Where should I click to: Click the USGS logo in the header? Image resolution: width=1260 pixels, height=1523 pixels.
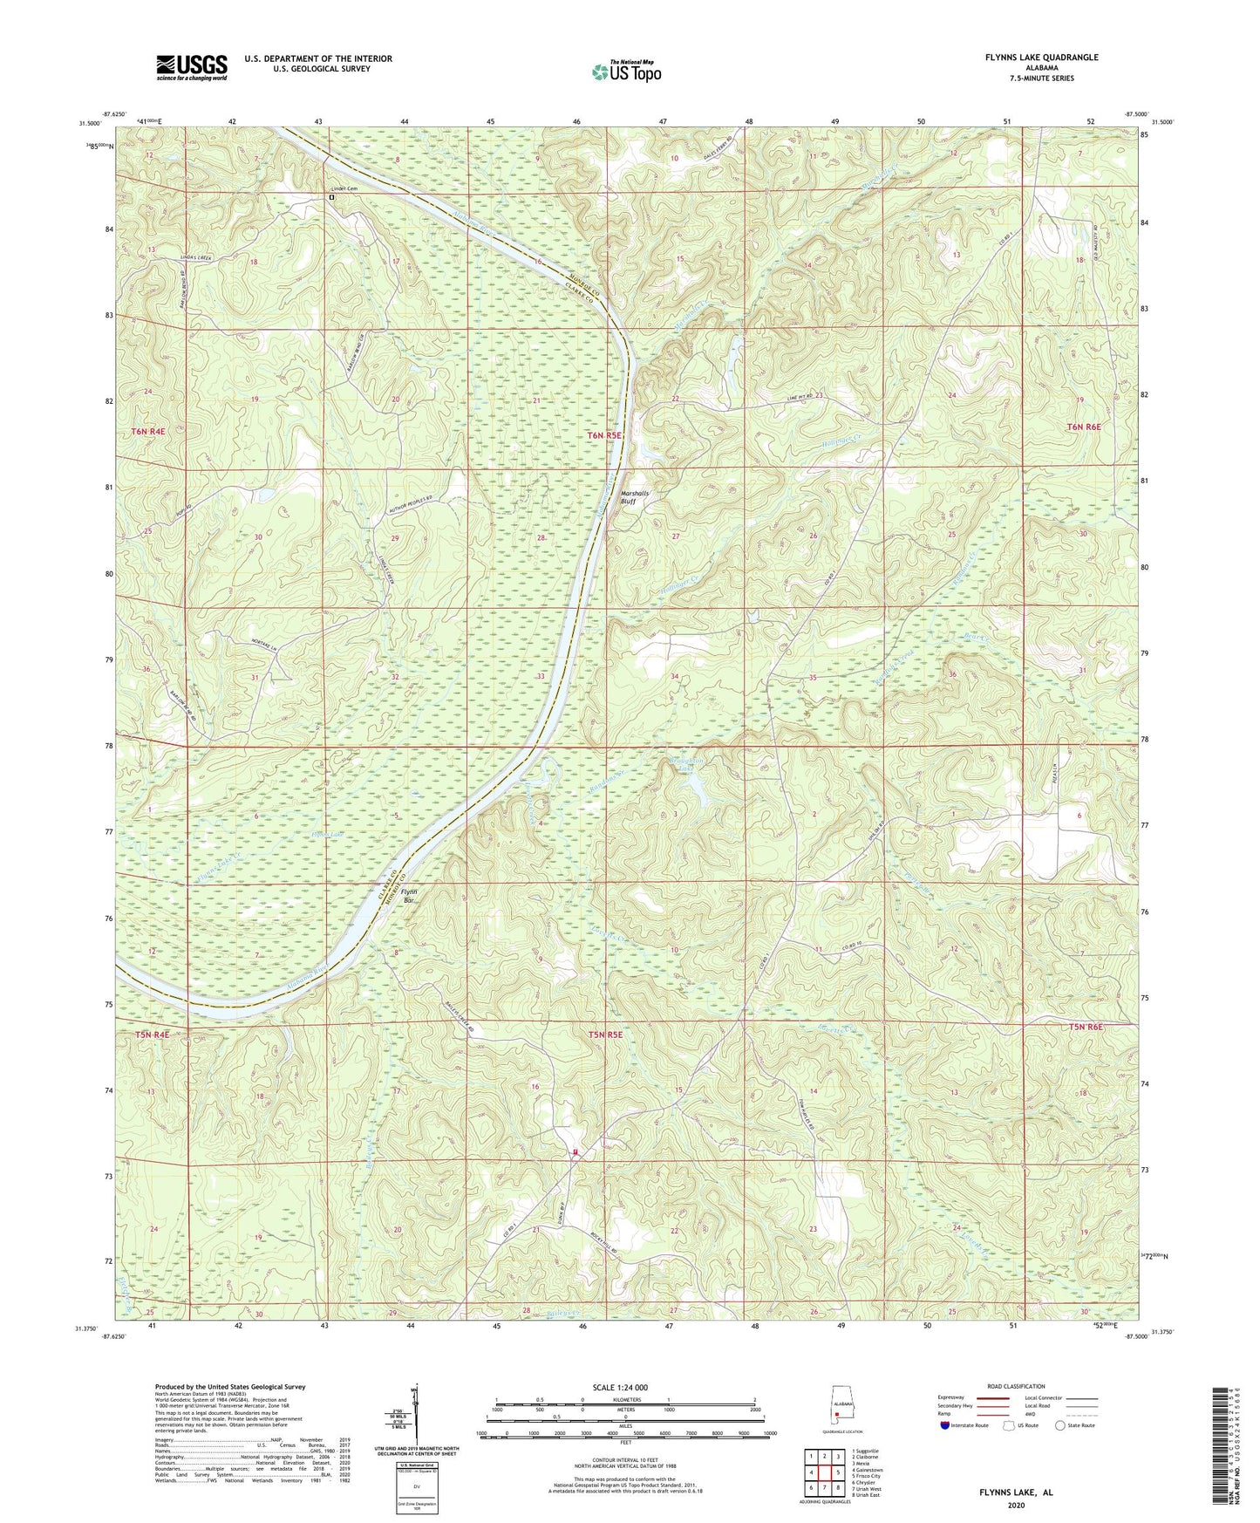192,67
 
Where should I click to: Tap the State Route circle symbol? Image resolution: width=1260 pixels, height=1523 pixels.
1060,1425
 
